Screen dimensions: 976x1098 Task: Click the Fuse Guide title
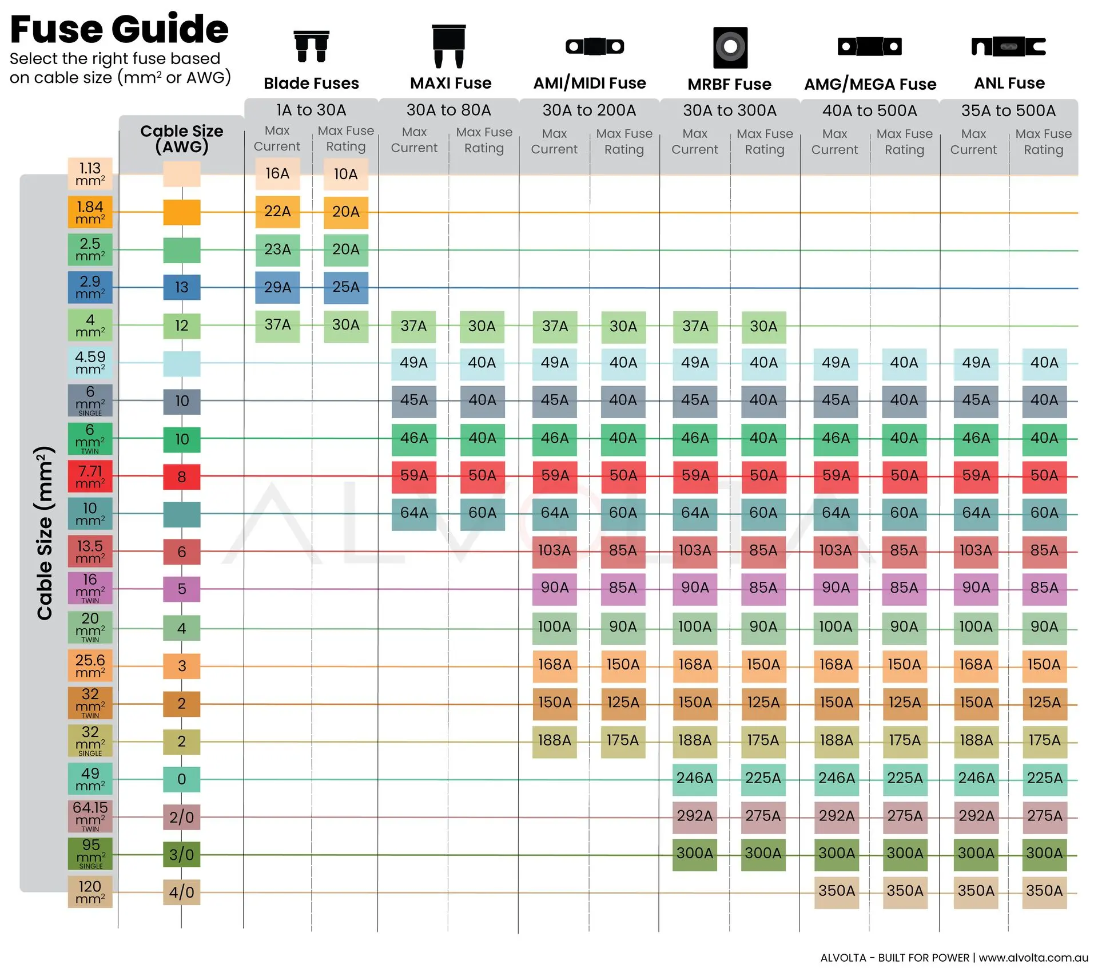click(119, 29)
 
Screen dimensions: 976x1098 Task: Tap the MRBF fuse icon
click(730, 47)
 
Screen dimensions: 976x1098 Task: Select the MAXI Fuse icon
click(449, 46)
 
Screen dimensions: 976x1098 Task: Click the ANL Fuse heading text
click(1009, 84)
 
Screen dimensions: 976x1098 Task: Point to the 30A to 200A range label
click(589, 110)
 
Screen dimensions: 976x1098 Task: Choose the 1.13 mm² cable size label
click(90, 174)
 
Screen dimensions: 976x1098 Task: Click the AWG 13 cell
click(182, 287)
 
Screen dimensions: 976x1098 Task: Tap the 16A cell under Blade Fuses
click(277, 174)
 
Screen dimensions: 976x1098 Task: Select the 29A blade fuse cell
click(277, 287)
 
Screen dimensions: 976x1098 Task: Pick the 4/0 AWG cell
click(182, 892)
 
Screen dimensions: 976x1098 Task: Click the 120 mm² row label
click(90, 892)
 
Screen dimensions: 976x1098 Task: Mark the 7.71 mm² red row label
click(90, 477)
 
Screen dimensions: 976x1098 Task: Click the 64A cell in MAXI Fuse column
click(414, 513)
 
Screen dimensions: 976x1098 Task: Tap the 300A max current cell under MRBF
click(695, 854)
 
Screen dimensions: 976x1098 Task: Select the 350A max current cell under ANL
click(976, 891)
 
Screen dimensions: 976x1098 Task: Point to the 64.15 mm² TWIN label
click(90, 816)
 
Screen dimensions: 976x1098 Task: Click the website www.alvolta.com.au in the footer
click(1033, 958)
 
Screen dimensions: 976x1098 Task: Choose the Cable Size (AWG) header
click(182, 138)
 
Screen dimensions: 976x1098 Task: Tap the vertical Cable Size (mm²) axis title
click(45, 533)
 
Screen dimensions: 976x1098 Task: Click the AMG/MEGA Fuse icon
click(870, 46)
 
